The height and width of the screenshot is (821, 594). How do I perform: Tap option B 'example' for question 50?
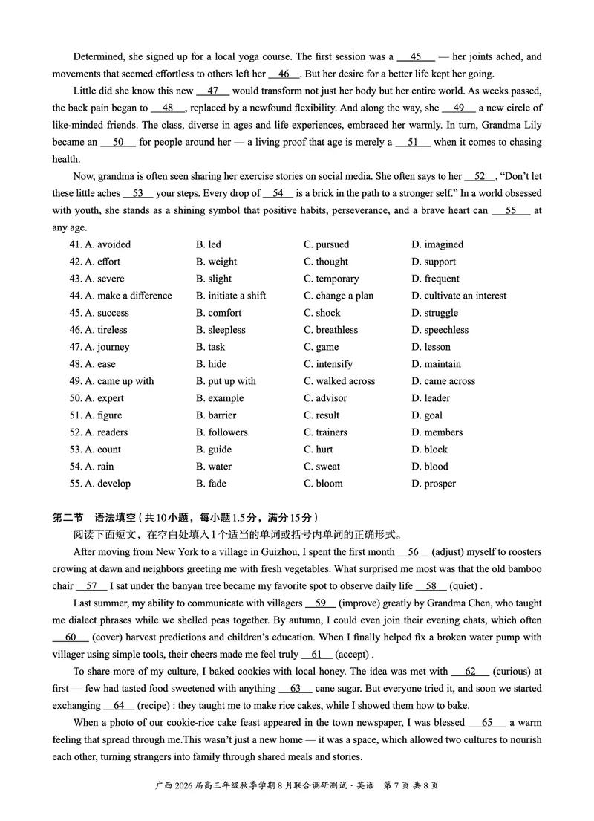click(x=220, y=398)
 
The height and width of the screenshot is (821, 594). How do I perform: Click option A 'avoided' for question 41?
click(x=108, y=244)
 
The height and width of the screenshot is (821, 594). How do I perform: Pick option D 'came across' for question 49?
click(x=443, y=381)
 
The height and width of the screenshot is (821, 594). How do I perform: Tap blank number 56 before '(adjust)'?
click(x=413, y=551)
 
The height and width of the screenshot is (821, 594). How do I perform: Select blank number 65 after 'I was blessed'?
click(x=487, y=722)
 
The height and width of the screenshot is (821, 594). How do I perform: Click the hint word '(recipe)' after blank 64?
click(x=157, y=705)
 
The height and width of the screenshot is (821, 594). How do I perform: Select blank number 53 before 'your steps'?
click(x=137, y=193)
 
